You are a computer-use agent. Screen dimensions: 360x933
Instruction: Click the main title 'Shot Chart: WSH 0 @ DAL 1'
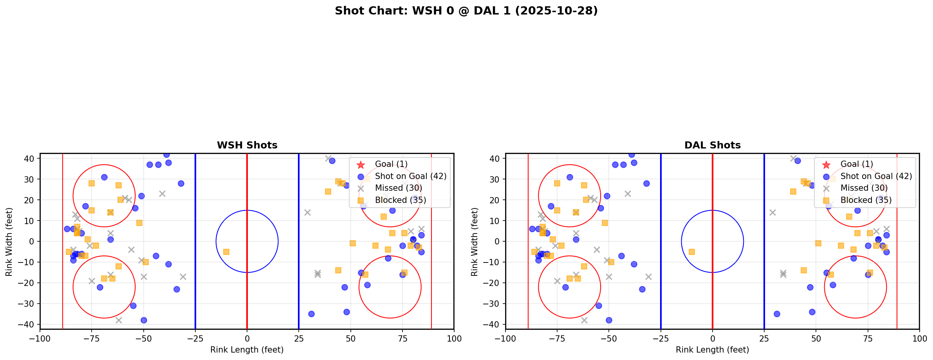(x=466, y=11)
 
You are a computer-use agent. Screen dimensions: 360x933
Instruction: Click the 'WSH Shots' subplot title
(x=247, y=145)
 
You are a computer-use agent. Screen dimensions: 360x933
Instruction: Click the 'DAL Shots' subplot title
(x=712, y=145)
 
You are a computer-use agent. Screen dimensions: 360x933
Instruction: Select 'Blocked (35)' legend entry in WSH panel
(x=400, y=200)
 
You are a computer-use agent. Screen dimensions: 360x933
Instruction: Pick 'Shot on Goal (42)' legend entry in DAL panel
(x=876, y=176)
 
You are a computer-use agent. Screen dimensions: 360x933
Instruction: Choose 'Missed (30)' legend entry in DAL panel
(x=864, y=188)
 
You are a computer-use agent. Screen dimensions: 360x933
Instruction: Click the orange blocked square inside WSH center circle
(x=226, y=252)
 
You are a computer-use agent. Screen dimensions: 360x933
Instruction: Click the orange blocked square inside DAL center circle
(x=692, y=252)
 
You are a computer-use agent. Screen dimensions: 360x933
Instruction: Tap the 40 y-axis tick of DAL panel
(x=494, y=159)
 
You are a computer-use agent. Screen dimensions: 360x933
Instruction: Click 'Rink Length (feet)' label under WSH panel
(x=247, y=350)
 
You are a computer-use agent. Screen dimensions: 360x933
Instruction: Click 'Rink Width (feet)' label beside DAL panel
(x=475, y=242)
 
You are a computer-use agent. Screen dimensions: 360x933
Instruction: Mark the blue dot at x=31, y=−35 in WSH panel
(x=311, y=314)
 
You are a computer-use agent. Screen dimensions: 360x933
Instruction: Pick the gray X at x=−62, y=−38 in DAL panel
(x=584, y=320)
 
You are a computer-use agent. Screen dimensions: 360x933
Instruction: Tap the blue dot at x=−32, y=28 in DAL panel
(x=646, y=183)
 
